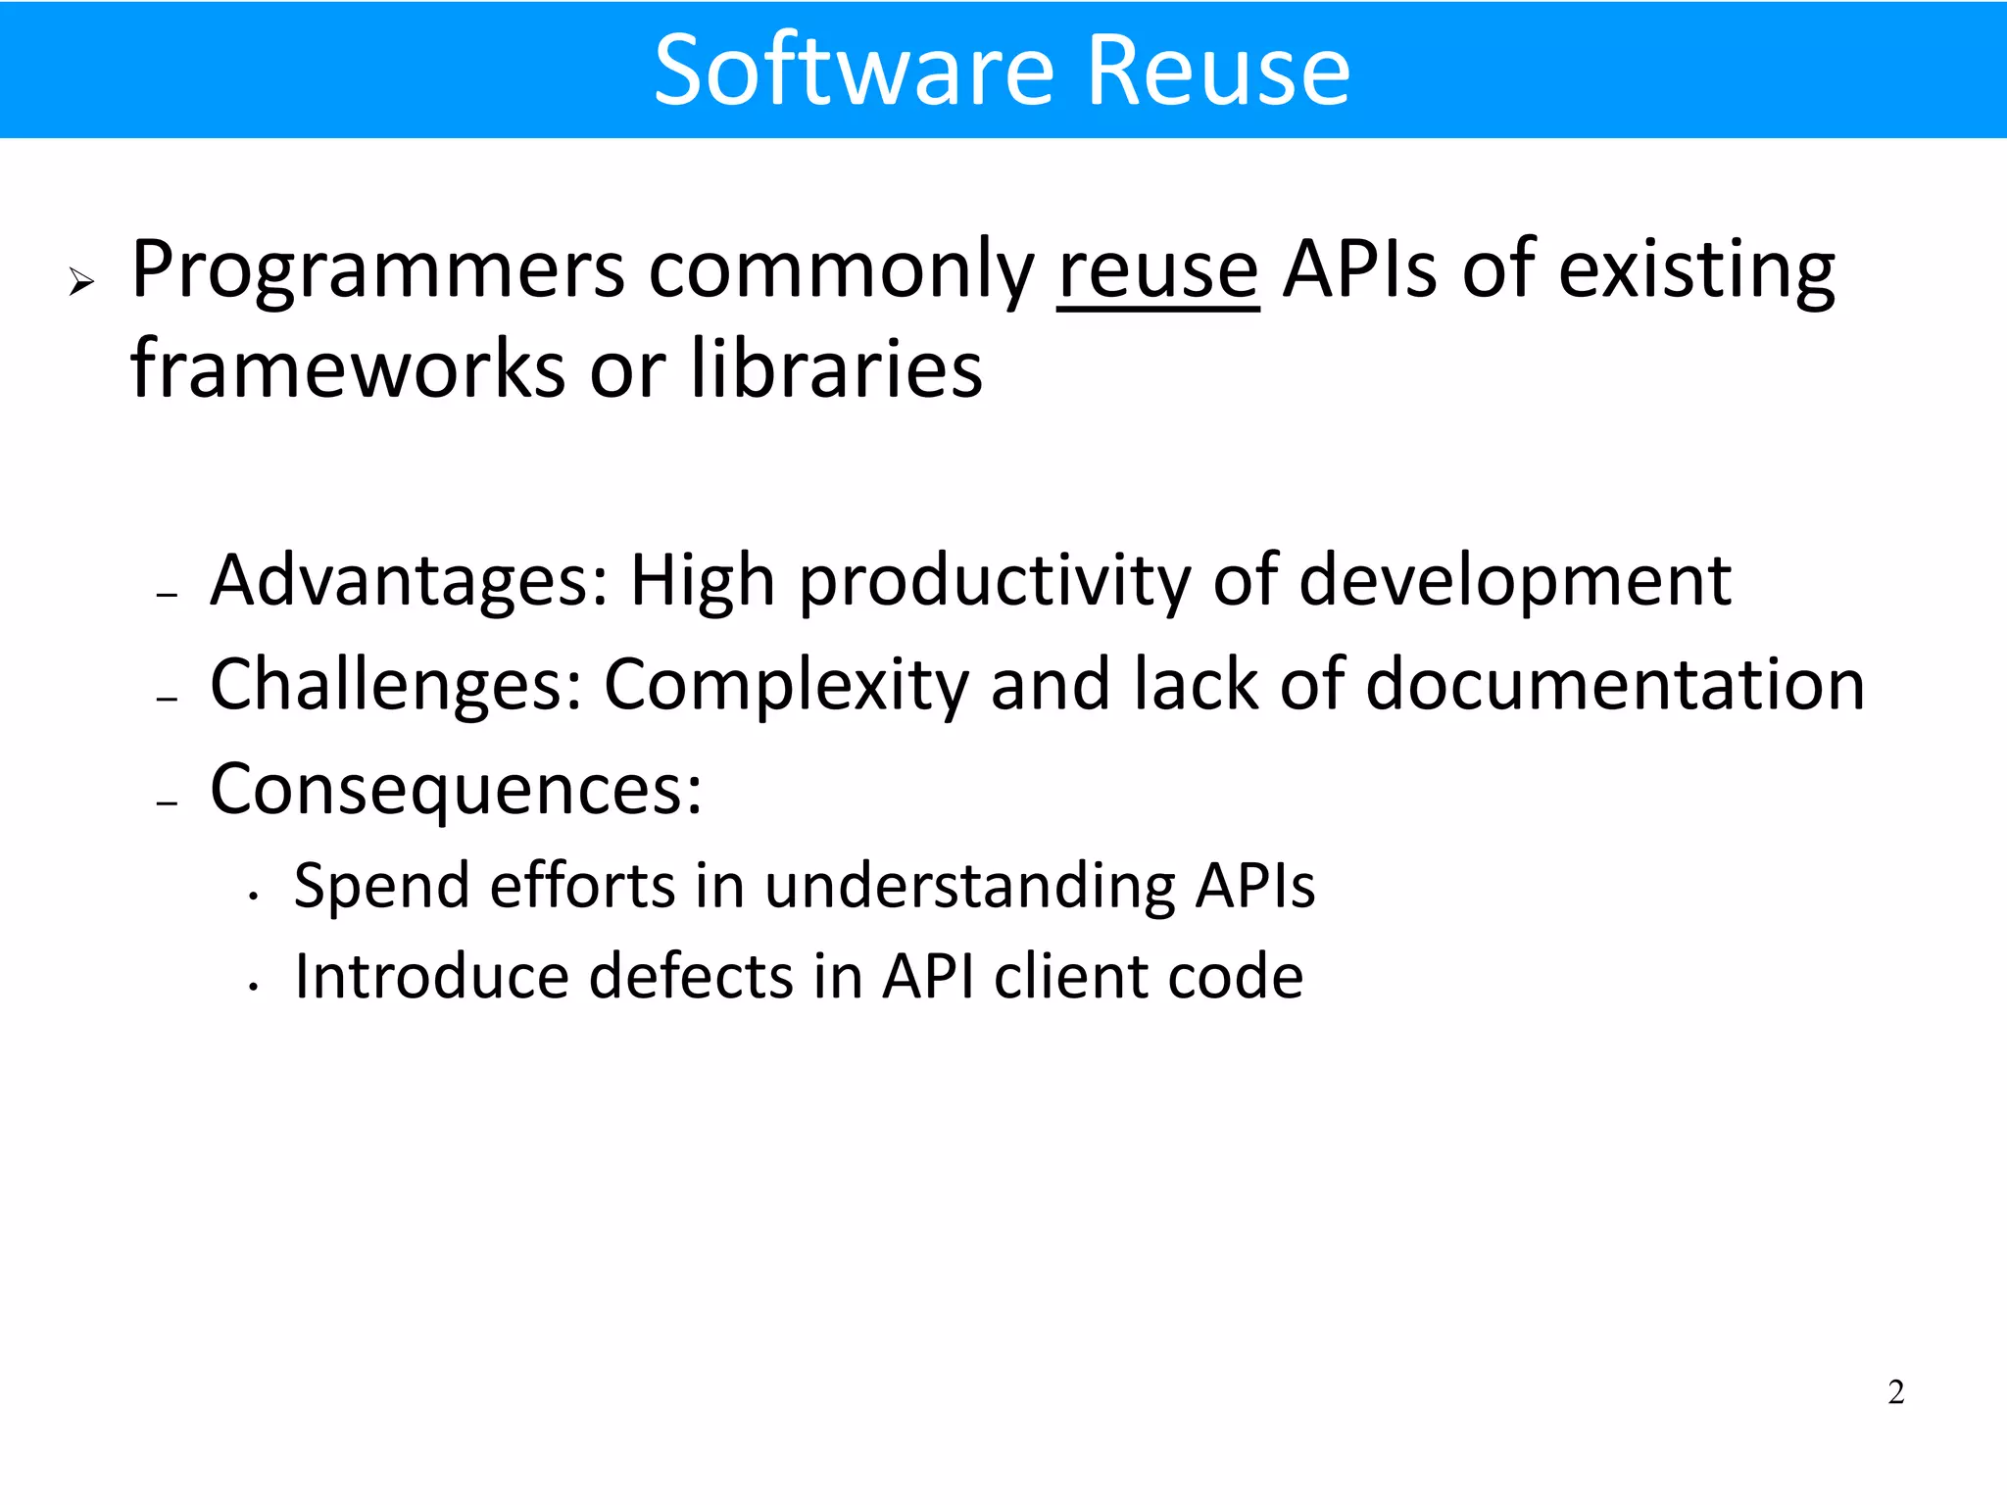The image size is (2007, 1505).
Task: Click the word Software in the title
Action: pyautogui.click(x=853, y=71)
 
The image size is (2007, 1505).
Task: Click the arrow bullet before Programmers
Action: pyautogui.click(x=81, y=284)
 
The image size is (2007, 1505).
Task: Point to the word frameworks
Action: pyautogui.click(x=348, y=369)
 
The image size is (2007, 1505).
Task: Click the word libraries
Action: pyautogui.click(x=836, y=369)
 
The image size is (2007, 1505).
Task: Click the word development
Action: pyautogui.click(x=1515, y=582)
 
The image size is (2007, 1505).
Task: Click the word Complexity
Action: pyautogui.click(x=786, y=685)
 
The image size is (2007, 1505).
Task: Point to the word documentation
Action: pyautogui.click(x=1615, y=685)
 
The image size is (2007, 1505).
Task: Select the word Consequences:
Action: pyautogui.click(x=456, y=789)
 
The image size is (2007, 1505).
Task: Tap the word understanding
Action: pyautogui.click(x=969, y=887)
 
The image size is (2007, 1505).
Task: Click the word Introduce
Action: pyautogui.click(x=431, y=977)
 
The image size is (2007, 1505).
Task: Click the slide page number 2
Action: pyautogui.click(x=1895, y=1392)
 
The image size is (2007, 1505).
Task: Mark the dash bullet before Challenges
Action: pyautogui.click(x=168, y=699)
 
